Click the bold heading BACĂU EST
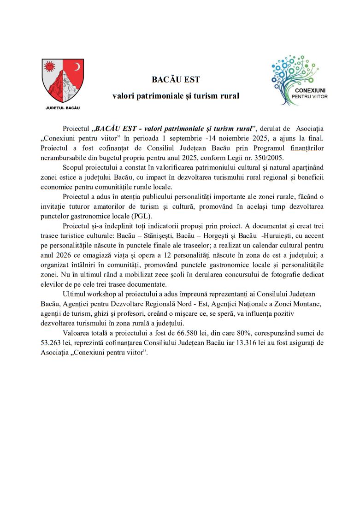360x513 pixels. [176, 80]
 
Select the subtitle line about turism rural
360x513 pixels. [176, 96]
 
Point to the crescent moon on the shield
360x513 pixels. [77, 67]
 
